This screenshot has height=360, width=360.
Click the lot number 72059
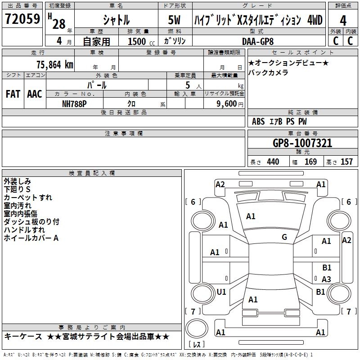[x=22, y=19]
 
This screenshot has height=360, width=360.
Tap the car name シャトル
[x=117, y=20]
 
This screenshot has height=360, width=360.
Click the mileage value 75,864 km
[x=54, y=64]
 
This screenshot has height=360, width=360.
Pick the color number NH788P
[x=75, y=103]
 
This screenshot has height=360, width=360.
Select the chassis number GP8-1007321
[x=302, y=143]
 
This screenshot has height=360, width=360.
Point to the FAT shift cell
[x=13, y=94]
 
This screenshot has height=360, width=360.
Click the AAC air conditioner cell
[x=35, y=94]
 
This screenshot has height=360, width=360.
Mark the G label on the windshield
[x=284, y=237]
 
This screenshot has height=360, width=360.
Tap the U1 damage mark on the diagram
[x=221, y=292]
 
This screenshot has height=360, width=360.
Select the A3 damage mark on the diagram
[x=327, y=279]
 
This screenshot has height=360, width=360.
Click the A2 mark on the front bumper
[x=220, y=184]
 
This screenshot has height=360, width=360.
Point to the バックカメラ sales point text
[x=268, y=72]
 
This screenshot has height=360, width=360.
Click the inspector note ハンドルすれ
[x=24, y=230]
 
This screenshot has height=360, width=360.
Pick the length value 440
[x=273, y=162]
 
